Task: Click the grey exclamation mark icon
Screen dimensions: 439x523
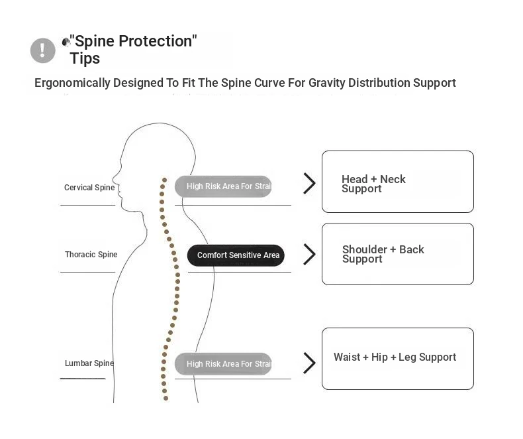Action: [x=43, y=50]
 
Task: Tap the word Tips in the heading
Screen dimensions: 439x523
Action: [x=85, y=58]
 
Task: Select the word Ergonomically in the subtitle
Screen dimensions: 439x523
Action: [x=72, y=83]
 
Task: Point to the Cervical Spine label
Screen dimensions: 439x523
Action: [x=89, y=188]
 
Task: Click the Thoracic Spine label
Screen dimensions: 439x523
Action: [x=91, y=255]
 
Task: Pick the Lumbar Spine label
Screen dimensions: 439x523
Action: [x=89, y=363]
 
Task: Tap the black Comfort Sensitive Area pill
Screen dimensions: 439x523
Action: [x=236, y=255]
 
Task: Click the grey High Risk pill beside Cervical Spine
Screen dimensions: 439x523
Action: [x=224, y=186]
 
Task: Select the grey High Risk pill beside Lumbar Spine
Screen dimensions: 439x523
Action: [x=224, y=363]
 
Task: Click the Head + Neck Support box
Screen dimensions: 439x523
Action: [x=397, y=182]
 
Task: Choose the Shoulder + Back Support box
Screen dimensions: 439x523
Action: [x=397, y=254]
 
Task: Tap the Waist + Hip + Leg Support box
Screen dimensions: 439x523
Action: [x=397, y=358]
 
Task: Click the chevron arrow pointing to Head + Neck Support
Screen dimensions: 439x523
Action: [x=309, y=183]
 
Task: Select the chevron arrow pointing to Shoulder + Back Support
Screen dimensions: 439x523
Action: [x=309, y=254]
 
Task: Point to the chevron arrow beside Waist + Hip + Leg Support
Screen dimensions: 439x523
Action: [x=309, y=363]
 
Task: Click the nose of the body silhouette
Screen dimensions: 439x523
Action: [x=114, y=178]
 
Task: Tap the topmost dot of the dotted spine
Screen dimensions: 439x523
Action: [x=164, y=179]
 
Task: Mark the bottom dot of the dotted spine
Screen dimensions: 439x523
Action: [x=166, y=399]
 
